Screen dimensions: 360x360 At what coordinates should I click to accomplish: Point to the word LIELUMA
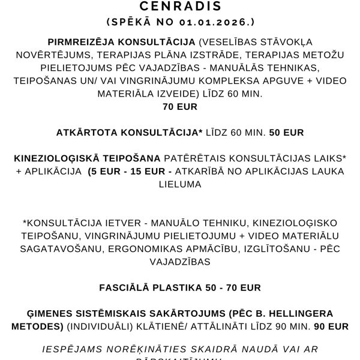point(180,185)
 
